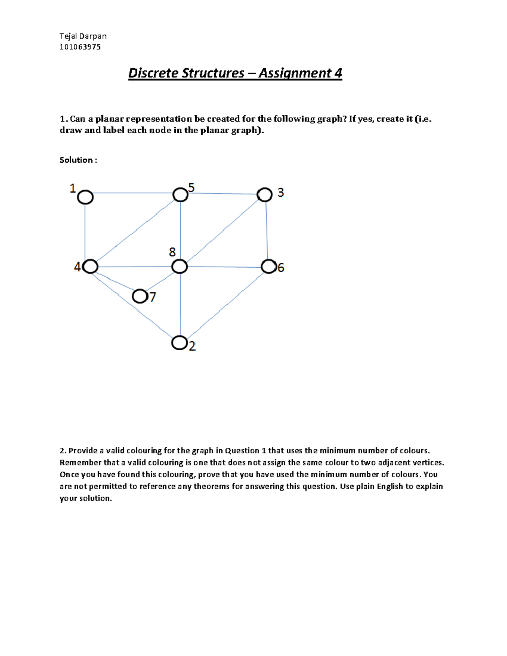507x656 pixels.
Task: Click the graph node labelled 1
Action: tap(85, 197)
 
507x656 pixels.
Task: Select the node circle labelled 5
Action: tap(180, 195)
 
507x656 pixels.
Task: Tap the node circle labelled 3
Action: tap(265, 195)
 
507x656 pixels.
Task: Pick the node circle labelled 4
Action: tap(90, 267)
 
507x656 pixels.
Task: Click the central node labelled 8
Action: tap(180, 267)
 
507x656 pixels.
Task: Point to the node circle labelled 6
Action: tap(268, 267)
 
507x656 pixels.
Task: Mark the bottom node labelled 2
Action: tap(180, 343)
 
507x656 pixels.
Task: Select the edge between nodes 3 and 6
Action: tap(267, 230)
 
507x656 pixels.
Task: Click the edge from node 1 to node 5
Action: tap(133, 193)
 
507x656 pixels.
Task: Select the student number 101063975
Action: tap(80, 47)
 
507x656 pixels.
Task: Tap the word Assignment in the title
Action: tap(295, 73)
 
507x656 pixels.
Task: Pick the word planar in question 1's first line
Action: tap(107, 119)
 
